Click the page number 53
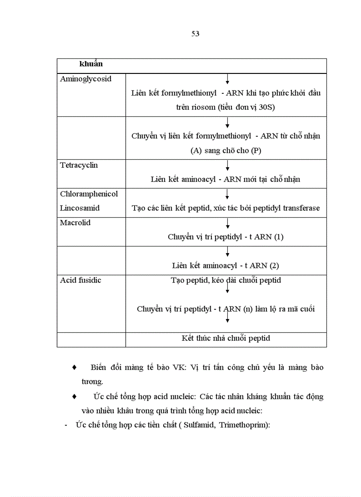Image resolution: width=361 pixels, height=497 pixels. click(x=195, y=34)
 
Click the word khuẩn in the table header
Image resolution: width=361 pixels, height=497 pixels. click(x=91, y=64)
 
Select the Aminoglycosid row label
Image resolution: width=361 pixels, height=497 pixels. click(x=86, y=79)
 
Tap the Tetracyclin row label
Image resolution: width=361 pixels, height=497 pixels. click(x=79, y=166)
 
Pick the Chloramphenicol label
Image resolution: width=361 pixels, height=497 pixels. click(x=89, y=194)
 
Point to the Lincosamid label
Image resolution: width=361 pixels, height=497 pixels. click(x=80, y=208)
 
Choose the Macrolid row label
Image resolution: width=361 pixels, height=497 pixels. click(x=75, y=223)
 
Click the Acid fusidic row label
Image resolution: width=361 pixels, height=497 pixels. click(x=81, y=280)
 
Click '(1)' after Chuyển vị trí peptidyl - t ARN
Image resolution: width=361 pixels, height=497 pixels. click(x=279, y=237)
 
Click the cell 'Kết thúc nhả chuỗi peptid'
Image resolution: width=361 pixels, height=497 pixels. click(x=226, y=339)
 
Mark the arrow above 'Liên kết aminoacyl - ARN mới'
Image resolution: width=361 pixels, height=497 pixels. click(x=227, y=166)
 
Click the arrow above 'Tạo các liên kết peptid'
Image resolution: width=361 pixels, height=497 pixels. click(x=227, y=195)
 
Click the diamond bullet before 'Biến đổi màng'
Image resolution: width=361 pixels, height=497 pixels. click(x=74, y=368)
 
